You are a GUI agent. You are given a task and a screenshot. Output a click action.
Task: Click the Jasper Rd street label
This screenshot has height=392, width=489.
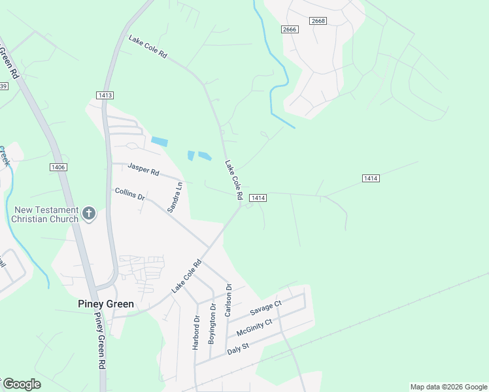(x=143, y=169)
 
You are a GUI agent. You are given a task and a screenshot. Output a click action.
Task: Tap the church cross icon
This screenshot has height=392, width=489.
(x=90, y=213)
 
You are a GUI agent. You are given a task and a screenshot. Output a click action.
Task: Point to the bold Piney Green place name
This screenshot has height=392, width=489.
(x=105, y=304)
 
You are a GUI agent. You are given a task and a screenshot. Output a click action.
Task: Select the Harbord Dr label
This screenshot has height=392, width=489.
(x=195, y=333)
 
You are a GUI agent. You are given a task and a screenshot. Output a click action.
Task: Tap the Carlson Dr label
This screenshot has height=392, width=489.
(x=228, y=300)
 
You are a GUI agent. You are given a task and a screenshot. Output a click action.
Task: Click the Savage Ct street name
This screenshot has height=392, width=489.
(x=265, y=308)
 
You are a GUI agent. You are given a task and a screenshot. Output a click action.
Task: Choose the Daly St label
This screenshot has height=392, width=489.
(x=238, y=348)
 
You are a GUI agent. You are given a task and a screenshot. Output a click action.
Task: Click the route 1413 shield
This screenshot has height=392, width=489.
(x=105, y=95)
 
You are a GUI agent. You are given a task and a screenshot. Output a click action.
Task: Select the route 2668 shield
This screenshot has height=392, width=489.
(x=318, y=22)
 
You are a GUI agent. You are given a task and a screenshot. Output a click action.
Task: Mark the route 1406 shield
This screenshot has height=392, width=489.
(x=58, y=168)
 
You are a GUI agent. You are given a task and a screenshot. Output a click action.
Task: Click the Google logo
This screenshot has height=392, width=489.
(x=21, y=384)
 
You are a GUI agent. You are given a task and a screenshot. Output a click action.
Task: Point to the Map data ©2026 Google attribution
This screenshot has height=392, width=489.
(x=448, y=387)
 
